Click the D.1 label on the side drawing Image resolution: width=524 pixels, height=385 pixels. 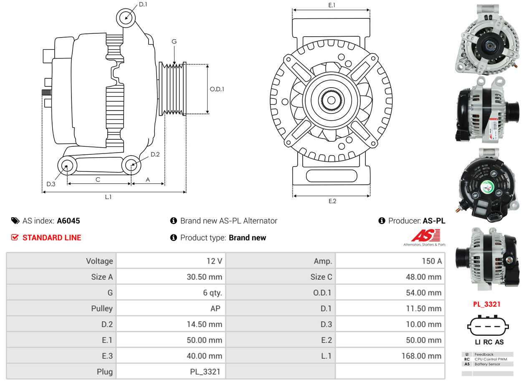pos(143,5)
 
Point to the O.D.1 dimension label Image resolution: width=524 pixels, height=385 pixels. pos(217,89)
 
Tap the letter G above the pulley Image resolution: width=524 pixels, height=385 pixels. pos(174,41)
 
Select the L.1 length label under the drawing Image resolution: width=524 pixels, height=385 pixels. pos(108,197)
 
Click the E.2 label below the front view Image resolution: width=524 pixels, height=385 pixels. pos(332,201)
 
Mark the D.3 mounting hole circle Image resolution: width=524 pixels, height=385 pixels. pos(66,166)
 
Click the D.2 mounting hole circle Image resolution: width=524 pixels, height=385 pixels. pos(132,165)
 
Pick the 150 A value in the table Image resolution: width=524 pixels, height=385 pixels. pos(431,261)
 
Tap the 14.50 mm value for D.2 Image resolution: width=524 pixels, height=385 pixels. pos(204,325)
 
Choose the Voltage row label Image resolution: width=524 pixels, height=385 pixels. pos(99,261)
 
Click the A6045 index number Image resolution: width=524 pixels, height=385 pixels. pos(68,221)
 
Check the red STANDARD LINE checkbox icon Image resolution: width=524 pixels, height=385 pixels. pos(15,237)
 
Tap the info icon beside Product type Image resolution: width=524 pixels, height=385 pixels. pos(174,237)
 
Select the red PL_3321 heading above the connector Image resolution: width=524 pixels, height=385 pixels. pos(486,304)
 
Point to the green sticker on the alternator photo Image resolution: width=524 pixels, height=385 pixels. pos(487,187)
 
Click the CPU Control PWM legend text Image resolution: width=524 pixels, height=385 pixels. pos(490,359)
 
